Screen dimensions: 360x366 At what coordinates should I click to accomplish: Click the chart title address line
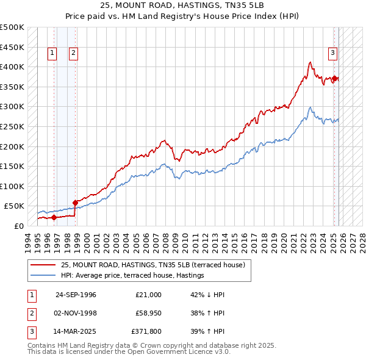pos(183,5)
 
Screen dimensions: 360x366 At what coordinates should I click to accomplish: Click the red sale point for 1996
pos(54,217)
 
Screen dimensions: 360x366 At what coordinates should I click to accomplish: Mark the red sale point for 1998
pos(75,202)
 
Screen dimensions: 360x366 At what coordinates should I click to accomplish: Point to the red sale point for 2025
pos(335,78)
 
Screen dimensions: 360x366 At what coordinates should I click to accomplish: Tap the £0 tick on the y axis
pos(18,226)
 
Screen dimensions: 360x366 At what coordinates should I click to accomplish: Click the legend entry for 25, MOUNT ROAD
pos(152,265)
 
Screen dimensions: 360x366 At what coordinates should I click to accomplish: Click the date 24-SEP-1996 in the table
pos(76,295)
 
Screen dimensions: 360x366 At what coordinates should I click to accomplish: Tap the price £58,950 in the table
pos(146,313)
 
